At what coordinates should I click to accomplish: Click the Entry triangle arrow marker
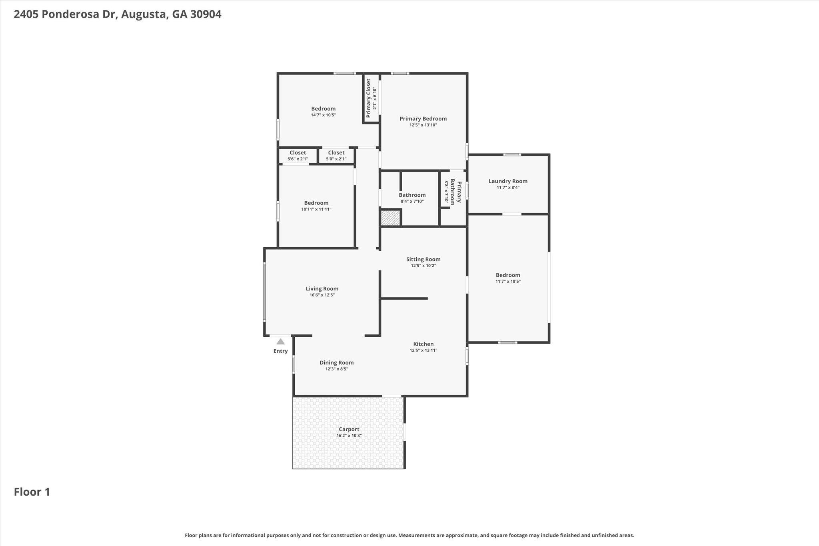point(281,342)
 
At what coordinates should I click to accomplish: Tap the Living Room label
point(322,289)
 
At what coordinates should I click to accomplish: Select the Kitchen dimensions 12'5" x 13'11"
point(423,350)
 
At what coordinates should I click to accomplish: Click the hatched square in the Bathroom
point(390,218)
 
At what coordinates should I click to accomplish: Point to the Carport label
point(349,429)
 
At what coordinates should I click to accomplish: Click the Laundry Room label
point(508,181)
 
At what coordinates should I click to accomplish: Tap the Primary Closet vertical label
point(368,98)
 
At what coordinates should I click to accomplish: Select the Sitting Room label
point(423,259)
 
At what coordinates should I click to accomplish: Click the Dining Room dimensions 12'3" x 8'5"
point(337,369)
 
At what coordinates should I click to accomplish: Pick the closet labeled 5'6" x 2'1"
point(298,156)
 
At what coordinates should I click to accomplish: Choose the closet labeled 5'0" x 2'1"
point(336,156)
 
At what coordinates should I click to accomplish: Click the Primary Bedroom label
point(423,119)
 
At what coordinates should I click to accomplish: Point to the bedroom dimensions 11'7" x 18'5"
point(508,282)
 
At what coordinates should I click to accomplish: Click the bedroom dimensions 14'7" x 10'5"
point(324,115)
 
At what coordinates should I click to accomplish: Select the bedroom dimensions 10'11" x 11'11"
point(316,209)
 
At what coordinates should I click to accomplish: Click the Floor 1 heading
point(32,492)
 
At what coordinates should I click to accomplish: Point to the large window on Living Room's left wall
point(264,292)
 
